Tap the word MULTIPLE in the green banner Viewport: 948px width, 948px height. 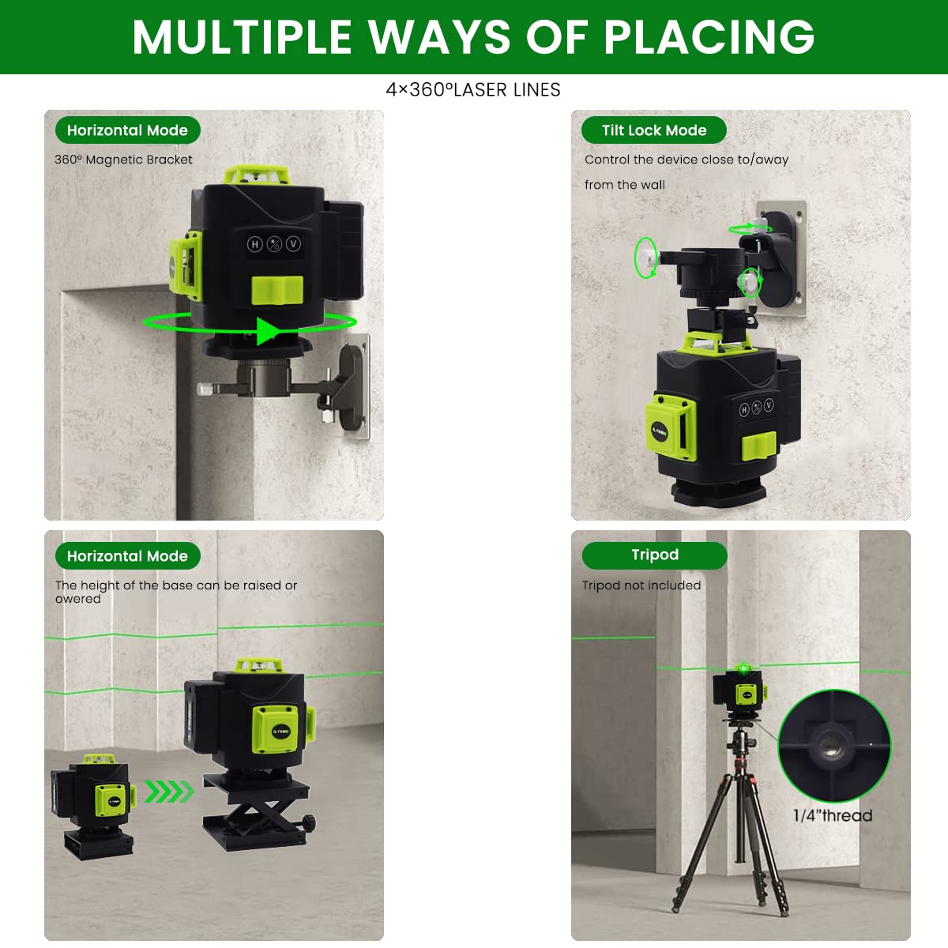[243, 36]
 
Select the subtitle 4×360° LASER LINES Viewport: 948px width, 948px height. [473, 90]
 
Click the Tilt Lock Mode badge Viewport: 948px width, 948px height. [653, 130]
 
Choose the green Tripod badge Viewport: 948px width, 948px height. [654, 555]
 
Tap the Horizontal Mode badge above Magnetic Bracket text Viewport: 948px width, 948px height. [127, 130]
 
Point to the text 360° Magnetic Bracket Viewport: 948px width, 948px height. [123, 160]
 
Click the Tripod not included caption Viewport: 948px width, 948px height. [641, 585]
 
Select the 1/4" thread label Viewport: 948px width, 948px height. [833, 815]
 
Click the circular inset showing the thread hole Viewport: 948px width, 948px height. [833, 746]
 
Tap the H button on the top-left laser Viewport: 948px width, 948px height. [254, 244]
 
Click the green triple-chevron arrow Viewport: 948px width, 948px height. [169, 792]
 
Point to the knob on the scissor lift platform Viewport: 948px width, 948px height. [310, 822]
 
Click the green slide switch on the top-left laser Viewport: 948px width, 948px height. [277, 290]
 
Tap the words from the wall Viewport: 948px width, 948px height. [624, 185]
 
